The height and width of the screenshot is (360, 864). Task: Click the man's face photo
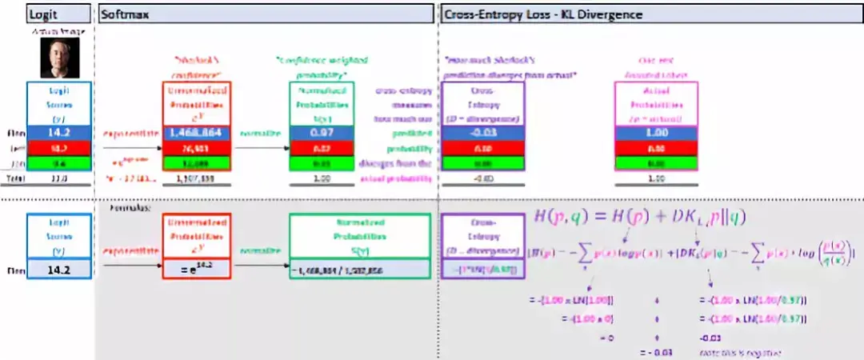point(58,58)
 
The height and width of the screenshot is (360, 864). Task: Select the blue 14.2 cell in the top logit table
point(58,134)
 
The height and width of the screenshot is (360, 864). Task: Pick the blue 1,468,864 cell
point(198,134)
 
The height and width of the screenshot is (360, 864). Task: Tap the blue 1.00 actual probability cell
point(655,134)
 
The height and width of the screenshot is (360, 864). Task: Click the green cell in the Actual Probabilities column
point(655,162)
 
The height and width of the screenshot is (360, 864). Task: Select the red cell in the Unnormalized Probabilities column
point(198,148)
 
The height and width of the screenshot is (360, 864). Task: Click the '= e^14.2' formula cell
point(198,270)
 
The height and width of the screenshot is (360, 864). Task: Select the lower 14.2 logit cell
point(58,270)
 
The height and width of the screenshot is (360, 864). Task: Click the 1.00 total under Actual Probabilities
point(655,179)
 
